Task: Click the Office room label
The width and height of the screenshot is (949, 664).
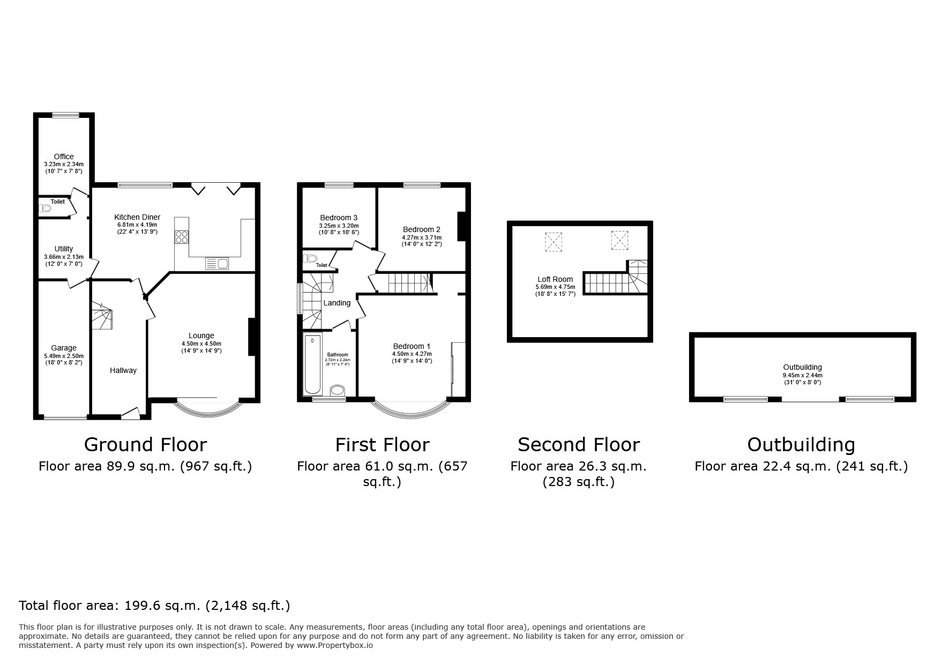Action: [64, 156]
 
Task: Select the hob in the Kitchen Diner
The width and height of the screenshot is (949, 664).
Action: [182, 237]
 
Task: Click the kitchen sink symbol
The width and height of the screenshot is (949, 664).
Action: [217, 263]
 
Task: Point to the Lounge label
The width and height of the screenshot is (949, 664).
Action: [201, 336]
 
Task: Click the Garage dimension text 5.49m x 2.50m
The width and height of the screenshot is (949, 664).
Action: [64, 356]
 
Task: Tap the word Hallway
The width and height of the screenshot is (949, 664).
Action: [123, 370]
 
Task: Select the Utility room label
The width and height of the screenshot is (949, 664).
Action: [64, 249]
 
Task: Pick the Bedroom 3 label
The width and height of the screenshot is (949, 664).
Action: [339, 218]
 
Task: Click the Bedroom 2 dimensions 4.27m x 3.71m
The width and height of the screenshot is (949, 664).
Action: [422, 237]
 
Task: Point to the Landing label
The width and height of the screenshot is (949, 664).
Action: [337, 303]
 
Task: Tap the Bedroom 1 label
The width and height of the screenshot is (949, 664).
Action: [412, 346]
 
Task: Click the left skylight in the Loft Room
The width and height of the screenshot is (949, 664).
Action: [554, 242]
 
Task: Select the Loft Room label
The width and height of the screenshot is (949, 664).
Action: [555, 279]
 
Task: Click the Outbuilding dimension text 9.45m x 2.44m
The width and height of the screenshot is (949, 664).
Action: [802, 375]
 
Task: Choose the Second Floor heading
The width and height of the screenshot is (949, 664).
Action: [579, 445]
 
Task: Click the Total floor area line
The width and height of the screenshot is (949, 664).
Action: [154, 606]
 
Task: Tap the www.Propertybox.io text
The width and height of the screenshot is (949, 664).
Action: [335, 645]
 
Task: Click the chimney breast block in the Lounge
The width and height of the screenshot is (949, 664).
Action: [251, 337]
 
